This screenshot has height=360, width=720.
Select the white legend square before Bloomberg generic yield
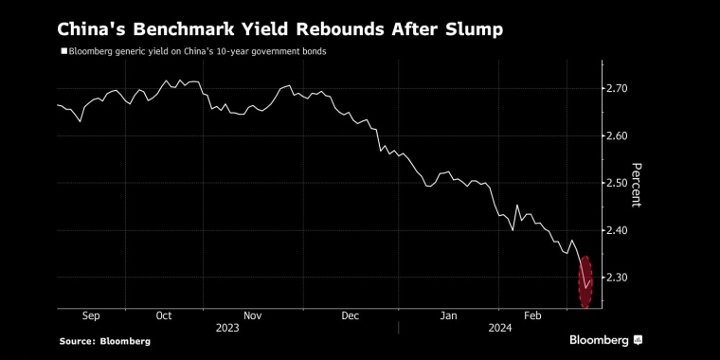[63, 51]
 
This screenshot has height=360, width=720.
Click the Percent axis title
[638, 183]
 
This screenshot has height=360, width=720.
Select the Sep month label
[92, 315]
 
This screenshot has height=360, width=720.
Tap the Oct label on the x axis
[163, 315]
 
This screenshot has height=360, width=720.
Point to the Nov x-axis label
[253, 315]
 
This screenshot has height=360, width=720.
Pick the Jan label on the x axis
[448, 315]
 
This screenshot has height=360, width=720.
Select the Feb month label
[534, 315]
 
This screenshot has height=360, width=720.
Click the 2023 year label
[227, 327]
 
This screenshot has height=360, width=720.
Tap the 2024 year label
[500, 327]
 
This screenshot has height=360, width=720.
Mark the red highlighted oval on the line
[585, 281]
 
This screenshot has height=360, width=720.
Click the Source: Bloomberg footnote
[104, 340]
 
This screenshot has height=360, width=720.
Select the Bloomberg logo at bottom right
[606, 339]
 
